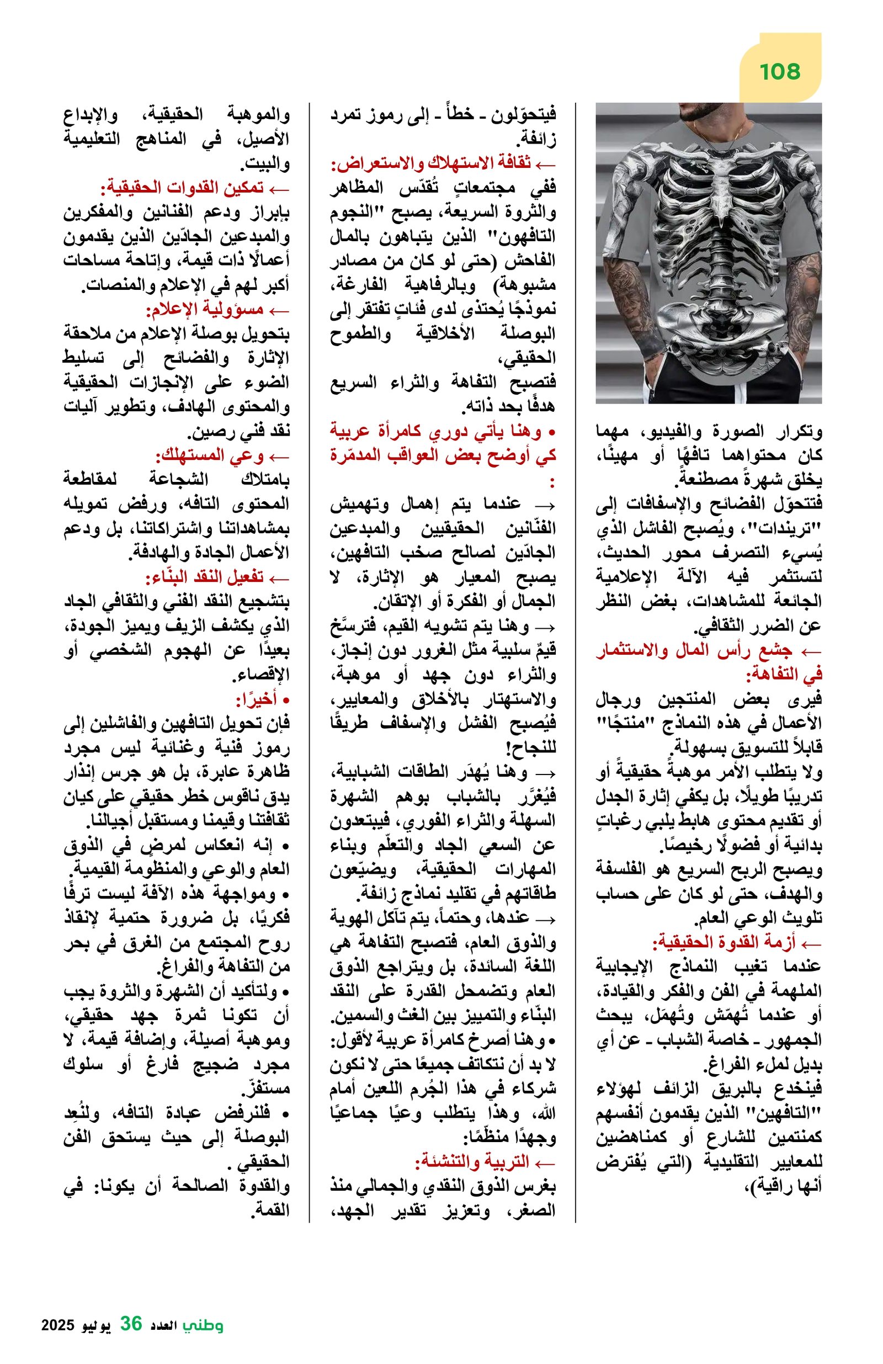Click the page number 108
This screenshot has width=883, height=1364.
coord(779,72)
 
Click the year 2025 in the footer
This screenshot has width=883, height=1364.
coord(58,1324)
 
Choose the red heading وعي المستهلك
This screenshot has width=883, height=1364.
coord(209,455)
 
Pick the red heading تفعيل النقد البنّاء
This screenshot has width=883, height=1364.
coord(204,577)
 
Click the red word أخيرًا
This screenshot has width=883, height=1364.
coord(257,699)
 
